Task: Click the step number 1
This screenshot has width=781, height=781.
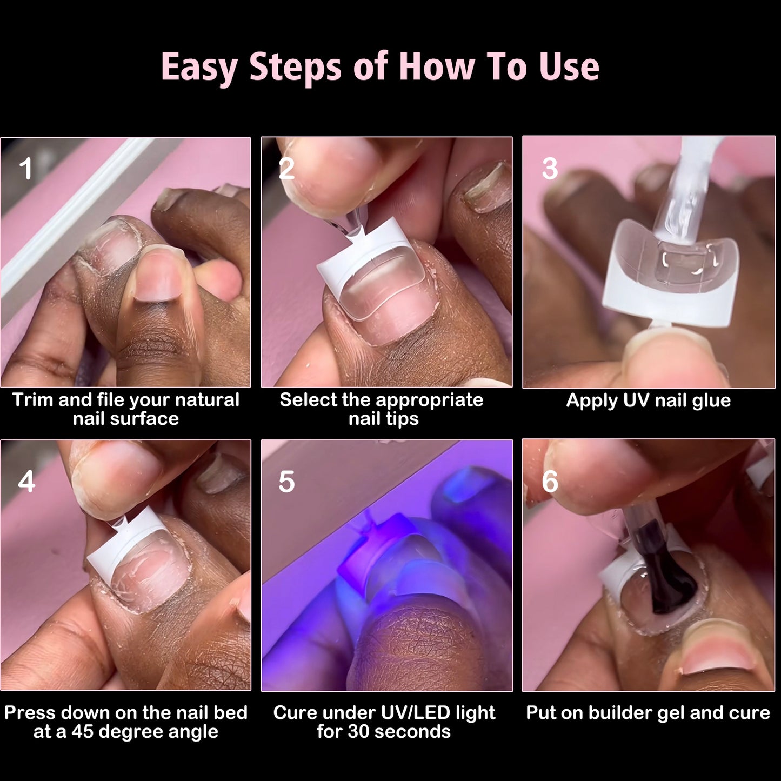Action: [x=26, y=169]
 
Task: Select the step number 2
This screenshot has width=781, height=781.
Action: [x=286, y=169]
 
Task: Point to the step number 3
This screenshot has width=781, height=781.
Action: [x=550, y=169]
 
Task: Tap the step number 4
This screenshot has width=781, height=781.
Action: [x=26, y=482]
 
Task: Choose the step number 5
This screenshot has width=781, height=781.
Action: [x=286, y=482]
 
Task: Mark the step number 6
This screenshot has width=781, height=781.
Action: [x=550, y=482]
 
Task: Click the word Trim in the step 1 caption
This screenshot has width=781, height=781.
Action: [x=32, y=400]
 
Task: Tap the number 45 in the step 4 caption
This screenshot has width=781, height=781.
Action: [x=83, y=732]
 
